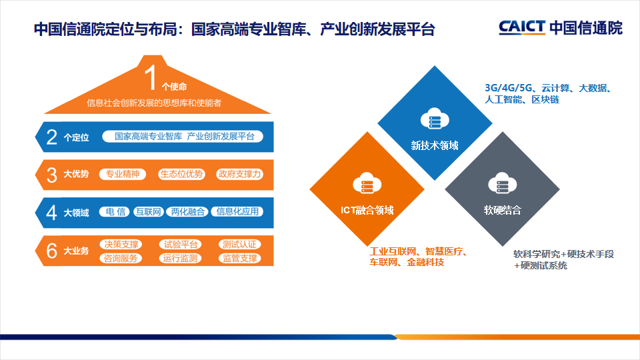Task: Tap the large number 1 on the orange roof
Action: coord(151,77)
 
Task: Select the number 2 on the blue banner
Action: coord(51,137)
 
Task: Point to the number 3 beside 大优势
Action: coord(51,175)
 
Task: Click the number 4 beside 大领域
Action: coord(51,212)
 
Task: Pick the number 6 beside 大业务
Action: coord(51,251)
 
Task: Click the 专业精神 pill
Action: coord(123,174)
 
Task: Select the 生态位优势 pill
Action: coord(181,174)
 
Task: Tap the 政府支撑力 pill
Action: coord(239,174)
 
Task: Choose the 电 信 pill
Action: coord(115,212)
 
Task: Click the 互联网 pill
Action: coord(148,212)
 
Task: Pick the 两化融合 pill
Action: coord(187,212)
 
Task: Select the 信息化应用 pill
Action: coord(237,212)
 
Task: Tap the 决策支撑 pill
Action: coord(120,245)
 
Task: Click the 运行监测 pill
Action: coord(179,258)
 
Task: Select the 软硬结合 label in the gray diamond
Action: coord(502,210)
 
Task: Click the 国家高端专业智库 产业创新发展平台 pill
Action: coord(184,137)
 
